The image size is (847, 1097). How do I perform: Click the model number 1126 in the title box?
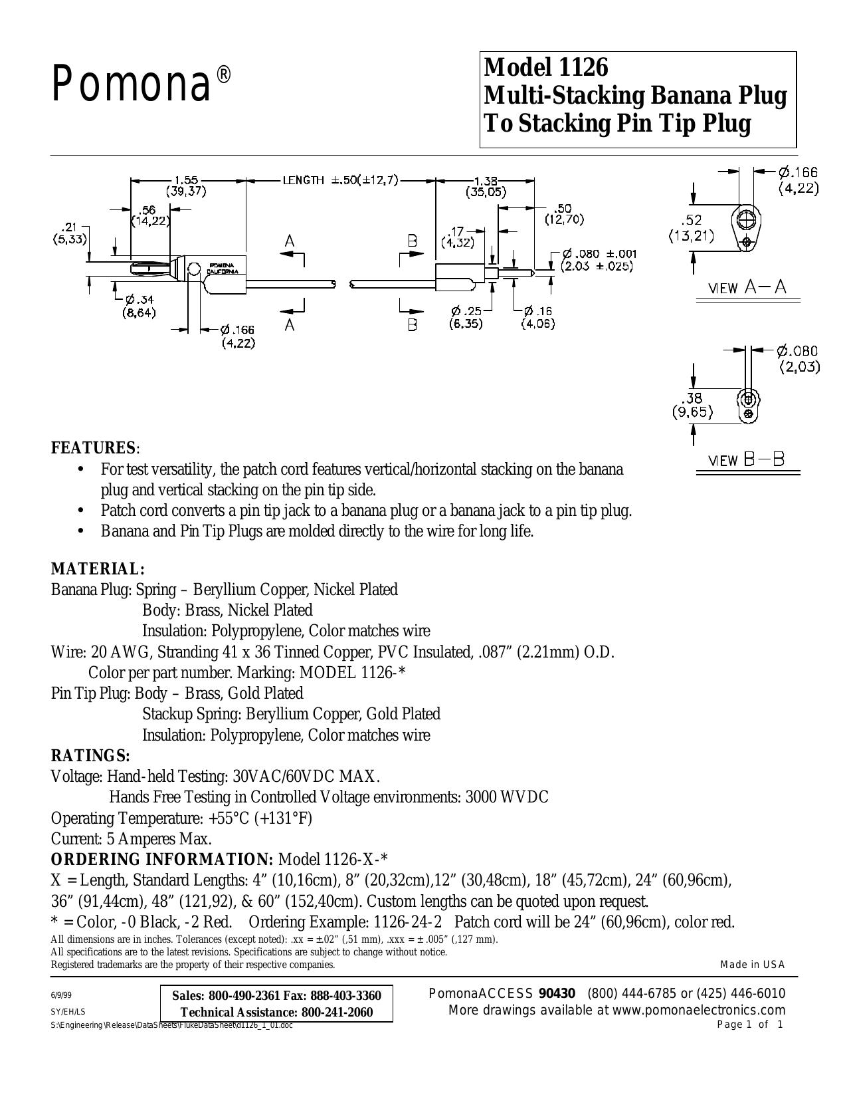tap(583, 67)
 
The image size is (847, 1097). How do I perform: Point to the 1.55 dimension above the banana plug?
tap(186, 180)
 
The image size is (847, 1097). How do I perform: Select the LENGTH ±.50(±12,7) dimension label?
tap(341, 180)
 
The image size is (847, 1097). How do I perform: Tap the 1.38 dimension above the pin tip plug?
tap(486, 180)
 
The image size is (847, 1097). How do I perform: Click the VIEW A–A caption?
tap(747, 288)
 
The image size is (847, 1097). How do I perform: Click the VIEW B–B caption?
tap(747, 461)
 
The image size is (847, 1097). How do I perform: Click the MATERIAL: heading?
tap(98, 569)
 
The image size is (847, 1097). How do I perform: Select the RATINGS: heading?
tap(91, 756)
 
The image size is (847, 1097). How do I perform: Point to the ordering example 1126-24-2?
tap(408, 922)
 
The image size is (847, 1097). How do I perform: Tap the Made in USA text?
tap(753, 965)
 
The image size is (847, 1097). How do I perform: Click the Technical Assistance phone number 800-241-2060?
tap(337, 1012)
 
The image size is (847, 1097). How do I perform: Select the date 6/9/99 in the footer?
tap(61, 995)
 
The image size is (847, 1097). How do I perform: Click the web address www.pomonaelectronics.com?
tap(699, 1010)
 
